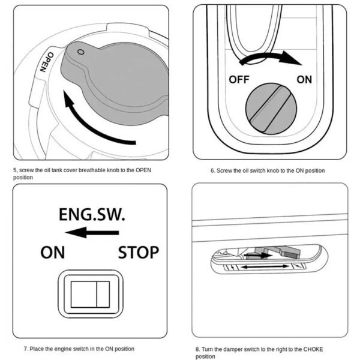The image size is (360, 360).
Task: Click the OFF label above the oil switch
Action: pyautogui.click(x=238, y=79)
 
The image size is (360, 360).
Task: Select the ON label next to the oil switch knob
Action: pyautogui.click(x=304, y=79)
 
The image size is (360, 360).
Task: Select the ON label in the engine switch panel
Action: pyautogui.click(x=52, y=252)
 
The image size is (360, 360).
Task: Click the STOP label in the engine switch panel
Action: pyautogui.click(x=138, y=252)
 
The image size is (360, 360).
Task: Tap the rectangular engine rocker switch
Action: pyautogui.click(x=90, y=293)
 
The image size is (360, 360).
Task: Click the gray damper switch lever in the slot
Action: pyautogui.click(x=275, y=250)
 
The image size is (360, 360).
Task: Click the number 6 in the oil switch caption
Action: pyautogui.click(x=212, y=170)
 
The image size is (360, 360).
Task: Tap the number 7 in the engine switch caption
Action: pyautogui.click(x=25, y=349)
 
